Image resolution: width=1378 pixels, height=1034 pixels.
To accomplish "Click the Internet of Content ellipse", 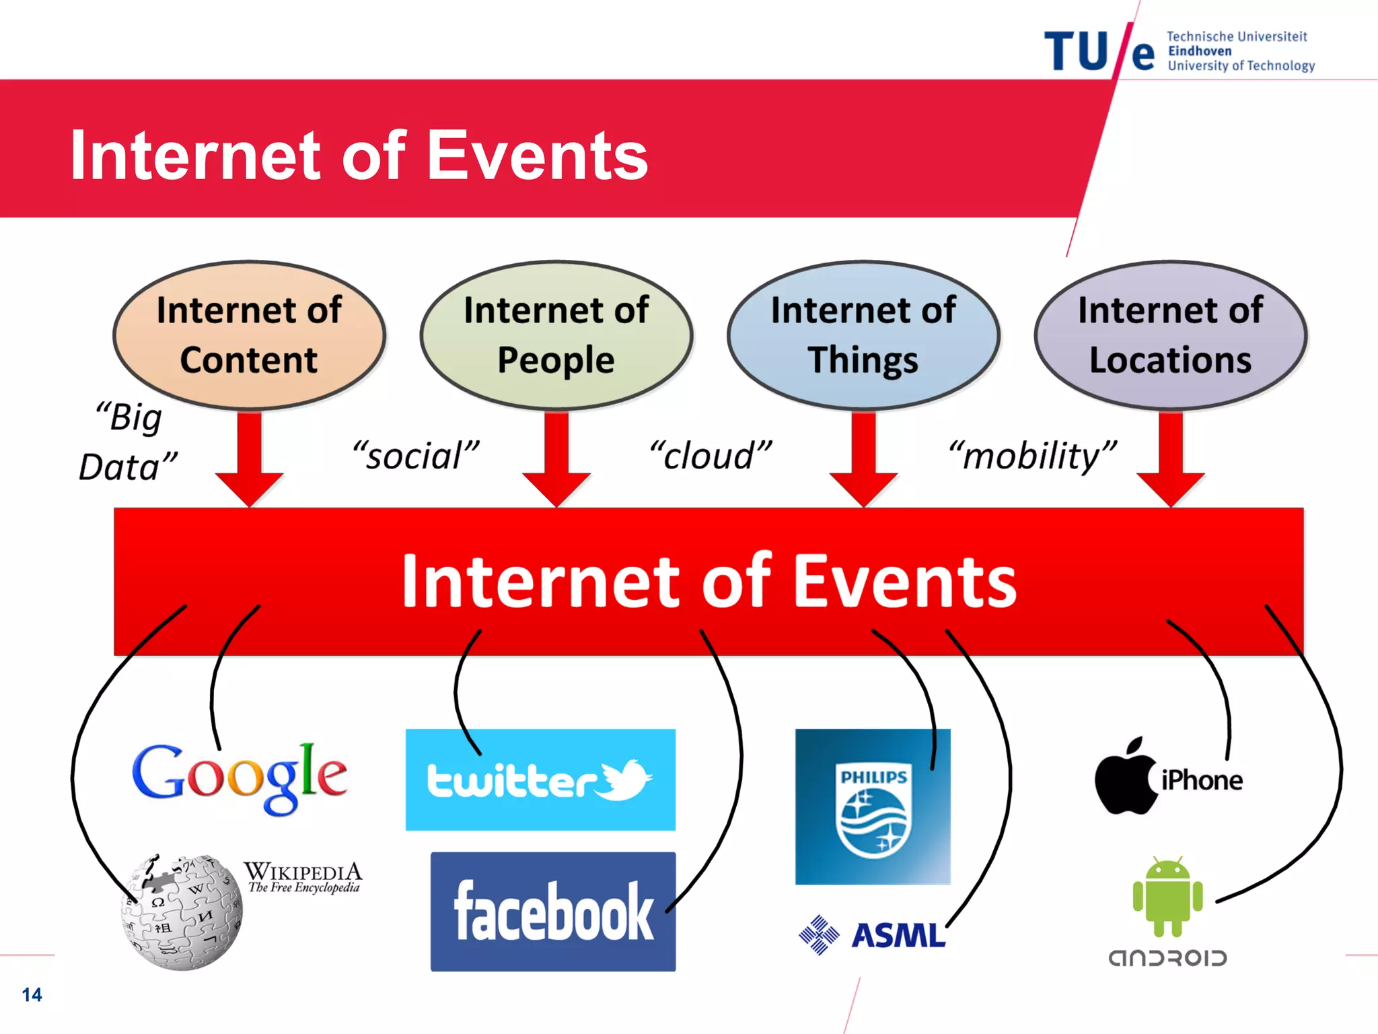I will click(249, 335).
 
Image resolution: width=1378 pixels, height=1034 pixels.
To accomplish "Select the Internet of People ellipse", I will click(556, 335).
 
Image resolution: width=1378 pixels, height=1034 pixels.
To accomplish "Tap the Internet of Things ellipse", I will click(863, 335).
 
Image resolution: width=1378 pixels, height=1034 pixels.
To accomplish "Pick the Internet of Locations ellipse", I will click(1170, 335).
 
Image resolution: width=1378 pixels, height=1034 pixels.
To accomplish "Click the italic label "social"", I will click(416, 456).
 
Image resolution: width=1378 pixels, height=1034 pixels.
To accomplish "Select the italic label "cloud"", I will click(711, 456).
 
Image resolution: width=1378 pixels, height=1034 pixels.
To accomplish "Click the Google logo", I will click(240, 778).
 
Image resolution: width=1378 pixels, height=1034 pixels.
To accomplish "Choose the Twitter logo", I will click(540, 780).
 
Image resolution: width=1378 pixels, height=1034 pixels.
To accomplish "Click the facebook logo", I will click(553, 911).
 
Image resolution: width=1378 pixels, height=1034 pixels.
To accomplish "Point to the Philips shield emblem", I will click(873, 811).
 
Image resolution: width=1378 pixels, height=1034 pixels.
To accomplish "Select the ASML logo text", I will click(898, 935).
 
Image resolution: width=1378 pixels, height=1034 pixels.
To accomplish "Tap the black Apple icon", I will click(1125, 778).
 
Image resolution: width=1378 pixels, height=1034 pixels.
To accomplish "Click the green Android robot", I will click(1167, 897).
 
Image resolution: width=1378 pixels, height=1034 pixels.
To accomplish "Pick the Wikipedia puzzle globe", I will click(182, 913).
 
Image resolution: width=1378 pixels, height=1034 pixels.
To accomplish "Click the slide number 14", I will click(32, 995).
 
